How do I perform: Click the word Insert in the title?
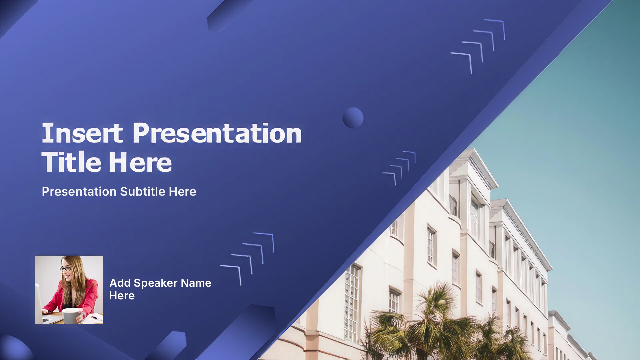(x=82, y=133)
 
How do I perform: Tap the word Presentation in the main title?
(x=217, y=133)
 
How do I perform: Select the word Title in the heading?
(x=71, y=162)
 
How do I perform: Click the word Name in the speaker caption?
(x=196, y=283)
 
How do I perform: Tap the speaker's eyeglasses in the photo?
(x=65, y=269)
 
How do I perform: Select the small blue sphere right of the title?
(x=353, y=118)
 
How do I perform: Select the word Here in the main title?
(x=140, y=162)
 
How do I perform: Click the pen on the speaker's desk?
(x=97, y=318)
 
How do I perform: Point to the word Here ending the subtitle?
(x=182, y=192)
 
